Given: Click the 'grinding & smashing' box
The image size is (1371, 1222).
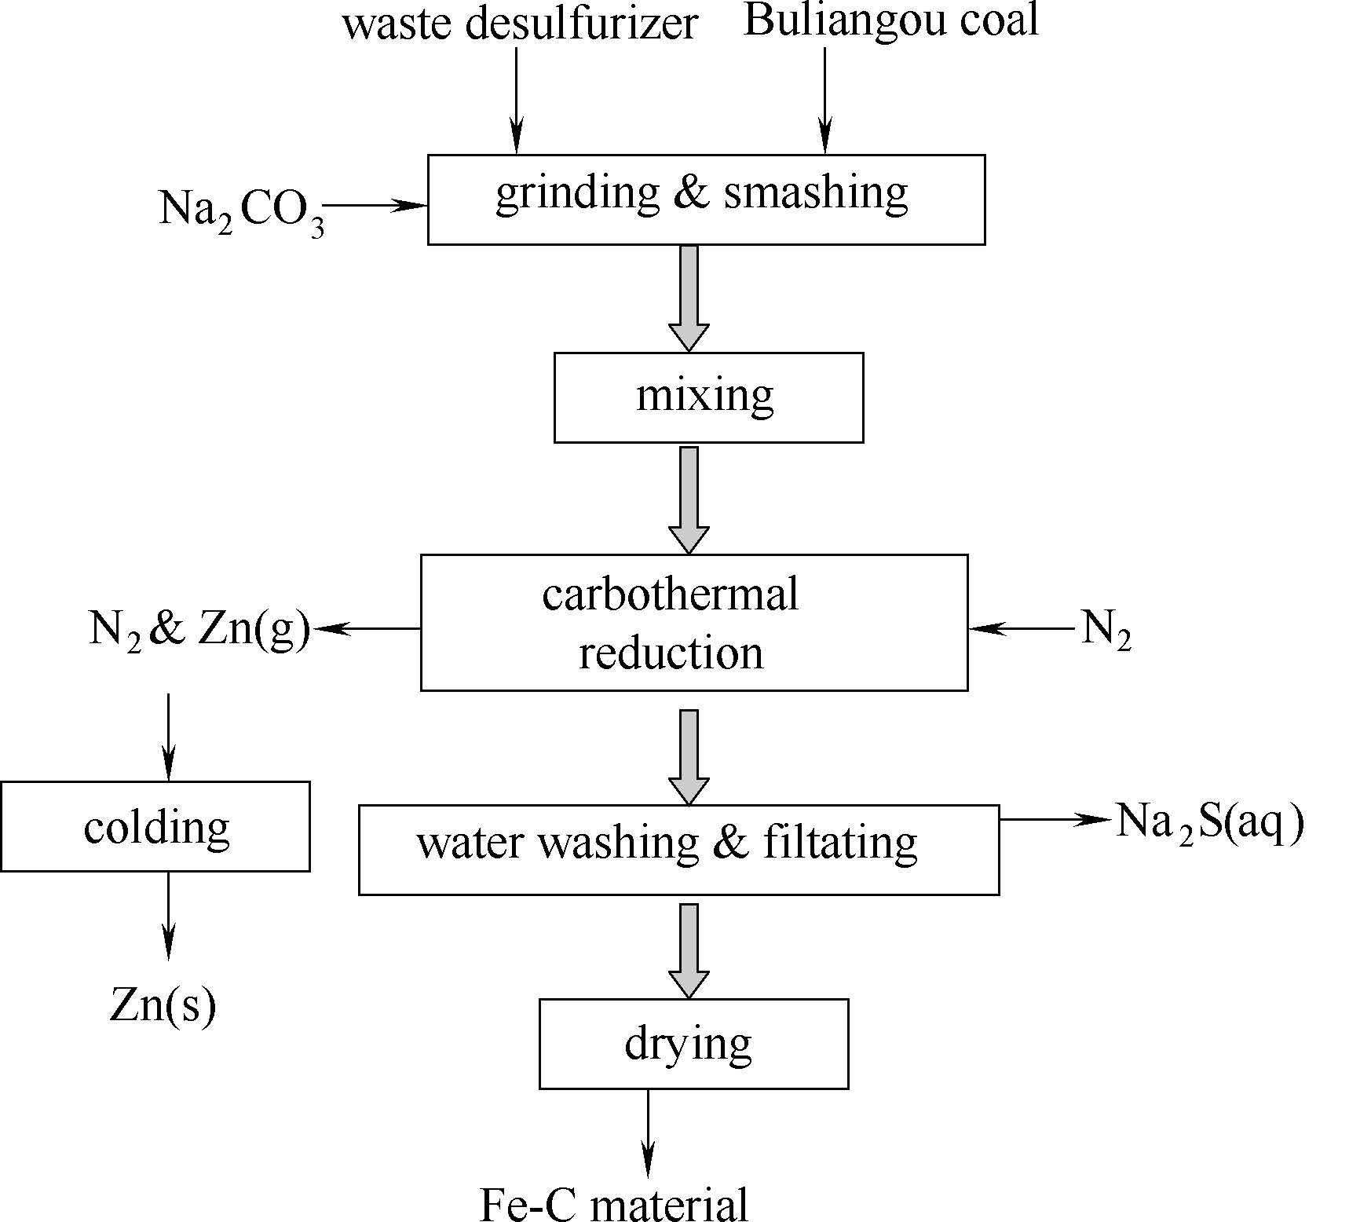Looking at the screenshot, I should (x=706, y=199).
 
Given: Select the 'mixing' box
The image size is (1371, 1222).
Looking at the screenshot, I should (x=708, y=397).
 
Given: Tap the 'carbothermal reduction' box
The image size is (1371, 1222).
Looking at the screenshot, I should (x=693, y=623).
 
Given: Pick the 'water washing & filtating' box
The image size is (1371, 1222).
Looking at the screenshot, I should (x=678, y=850).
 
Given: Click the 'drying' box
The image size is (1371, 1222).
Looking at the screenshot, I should (x=693, y=1044).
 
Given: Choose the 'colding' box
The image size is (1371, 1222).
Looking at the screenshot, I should (x=155, y=826).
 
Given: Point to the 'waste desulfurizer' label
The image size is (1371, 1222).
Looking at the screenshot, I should (x=520, y=24).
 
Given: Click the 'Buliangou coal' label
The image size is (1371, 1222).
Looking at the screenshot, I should (x=890, y=20).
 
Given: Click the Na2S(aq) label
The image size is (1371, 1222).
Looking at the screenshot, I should (x=1209, y=822).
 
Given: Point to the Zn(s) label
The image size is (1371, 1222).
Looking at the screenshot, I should (x=163, y=1006).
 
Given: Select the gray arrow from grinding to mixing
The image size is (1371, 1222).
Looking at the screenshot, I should (x=689, y=298).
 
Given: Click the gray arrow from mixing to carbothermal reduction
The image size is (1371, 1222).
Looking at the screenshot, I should (x=689, y=499).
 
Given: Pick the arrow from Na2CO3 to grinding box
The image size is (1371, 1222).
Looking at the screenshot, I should (x=375, y=206).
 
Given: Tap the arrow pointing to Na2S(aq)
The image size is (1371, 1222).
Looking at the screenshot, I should (x=1056, y=819).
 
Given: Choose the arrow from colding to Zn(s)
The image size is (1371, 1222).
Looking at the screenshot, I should (x=168, y=915).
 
